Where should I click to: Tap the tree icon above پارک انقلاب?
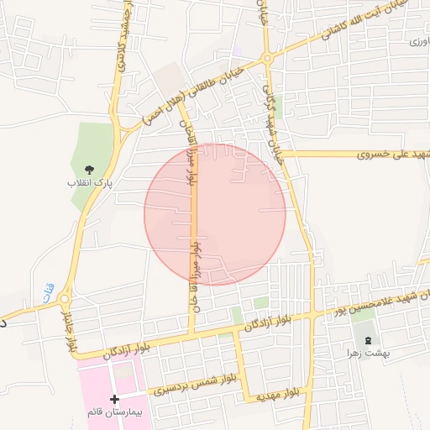(x=91, y=170)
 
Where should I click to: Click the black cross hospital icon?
(x=115, y=397)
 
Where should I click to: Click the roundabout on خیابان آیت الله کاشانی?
(x=267, y=59)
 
